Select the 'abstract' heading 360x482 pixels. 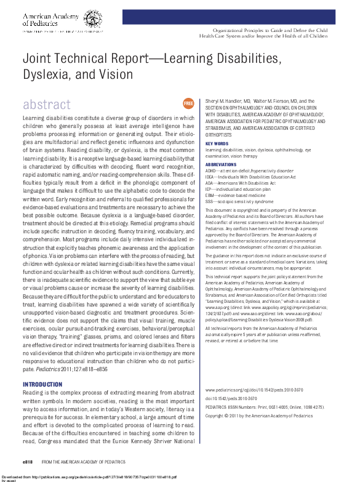point(47,105)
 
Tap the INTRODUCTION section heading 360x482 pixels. point(42,384)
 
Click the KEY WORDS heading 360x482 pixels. point(216,143)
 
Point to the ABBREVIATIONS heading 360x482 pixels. point(220,165)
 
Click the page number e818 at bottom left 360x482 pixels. point(28,460)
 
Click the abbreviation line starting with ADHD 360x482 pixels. point(249,171)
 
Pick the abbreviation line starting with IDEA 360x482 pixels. point(250,176)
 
